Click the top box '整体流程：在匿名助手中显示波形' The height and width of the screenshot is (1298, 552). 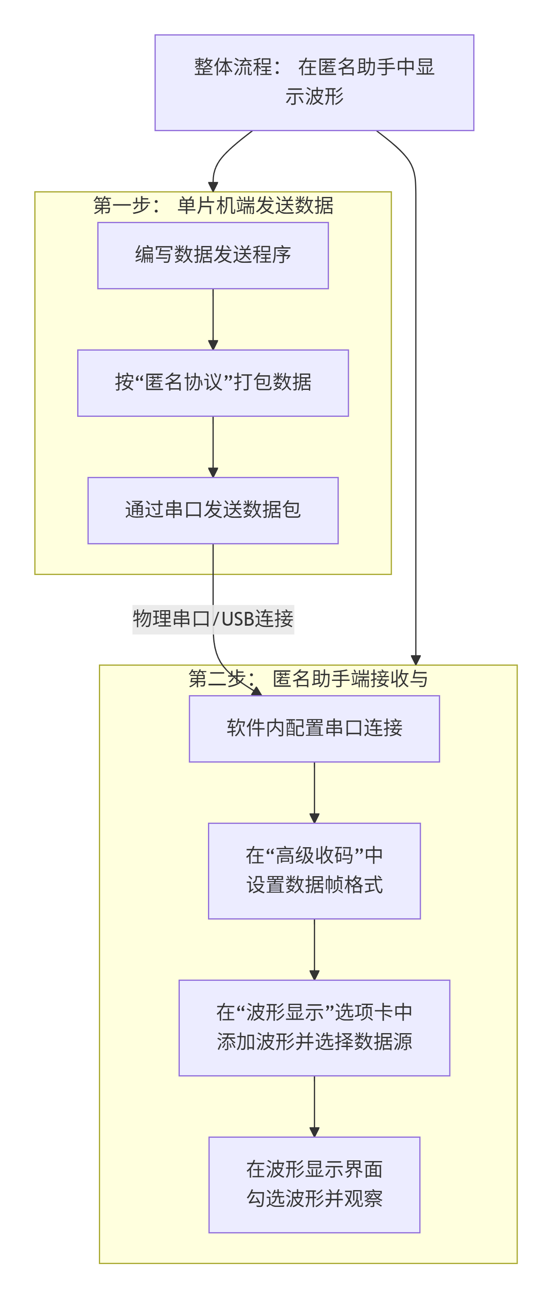[x=314, y=82]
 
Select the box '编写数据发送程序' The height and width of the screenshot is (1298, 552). [x=212, y=255]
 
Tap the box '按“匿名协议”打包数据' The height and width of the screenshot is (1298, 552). [x=212, y=383]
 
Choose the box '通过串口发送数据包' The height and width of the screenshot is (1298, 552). [x=212, y=510]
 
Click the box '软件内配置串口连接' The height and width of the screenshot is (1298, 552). [x=314, y=728]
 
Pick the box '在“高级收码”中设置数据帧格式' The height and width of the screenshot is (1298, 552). [x=314, y=870]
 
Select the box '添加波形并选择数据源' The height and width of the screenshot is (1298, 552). [x=314, y=1027]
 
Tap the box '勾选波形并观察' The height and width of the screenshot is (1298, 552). [x=314, y=1184]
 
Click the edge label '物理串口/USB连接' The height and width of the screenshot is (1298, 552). [x=212, y=619]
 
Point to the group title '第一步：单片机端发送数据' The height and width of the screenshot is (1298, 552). [x=212, y=206]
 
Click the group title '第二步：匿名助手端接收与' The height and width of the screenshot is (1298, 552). [x=308, y=679]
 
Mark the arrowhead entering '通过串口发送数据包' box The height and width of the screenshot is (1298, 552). [x=212, y=472]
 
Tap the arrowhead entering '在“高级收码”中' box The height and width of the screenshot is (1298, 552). [x=314, y=818]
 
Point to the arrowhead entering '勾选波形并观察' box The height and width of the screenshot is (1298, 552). [x=314, y=1132]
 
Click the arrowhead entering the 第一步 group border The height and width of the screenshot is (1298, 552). [x=212, y=187]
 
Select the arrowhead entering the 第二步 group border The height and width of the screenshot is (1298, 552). [x=415, y=660]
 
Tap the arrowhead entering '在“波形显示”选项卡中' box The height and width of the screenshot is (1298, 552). [x=314, y=975]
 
